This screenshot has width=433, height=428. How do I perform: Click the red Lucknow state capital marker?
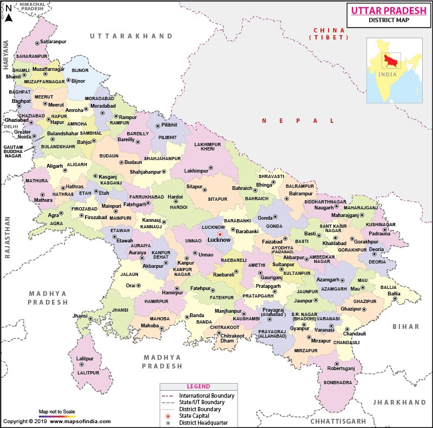[x=220, y=234]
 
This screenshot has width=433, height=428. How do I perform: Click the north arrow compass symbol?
[x=8, y=12]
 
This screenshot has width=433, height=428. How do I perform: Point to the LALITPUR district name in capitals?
[x=88, y=373]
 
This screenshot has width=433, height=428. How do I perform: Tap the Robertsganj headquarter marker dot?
[x=337, y=364]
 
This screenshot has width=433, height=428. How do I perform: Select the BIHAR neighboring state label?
[x=406, y=327]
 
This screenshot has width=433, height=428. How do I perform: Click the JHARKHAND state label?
[x=399, y=403]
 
